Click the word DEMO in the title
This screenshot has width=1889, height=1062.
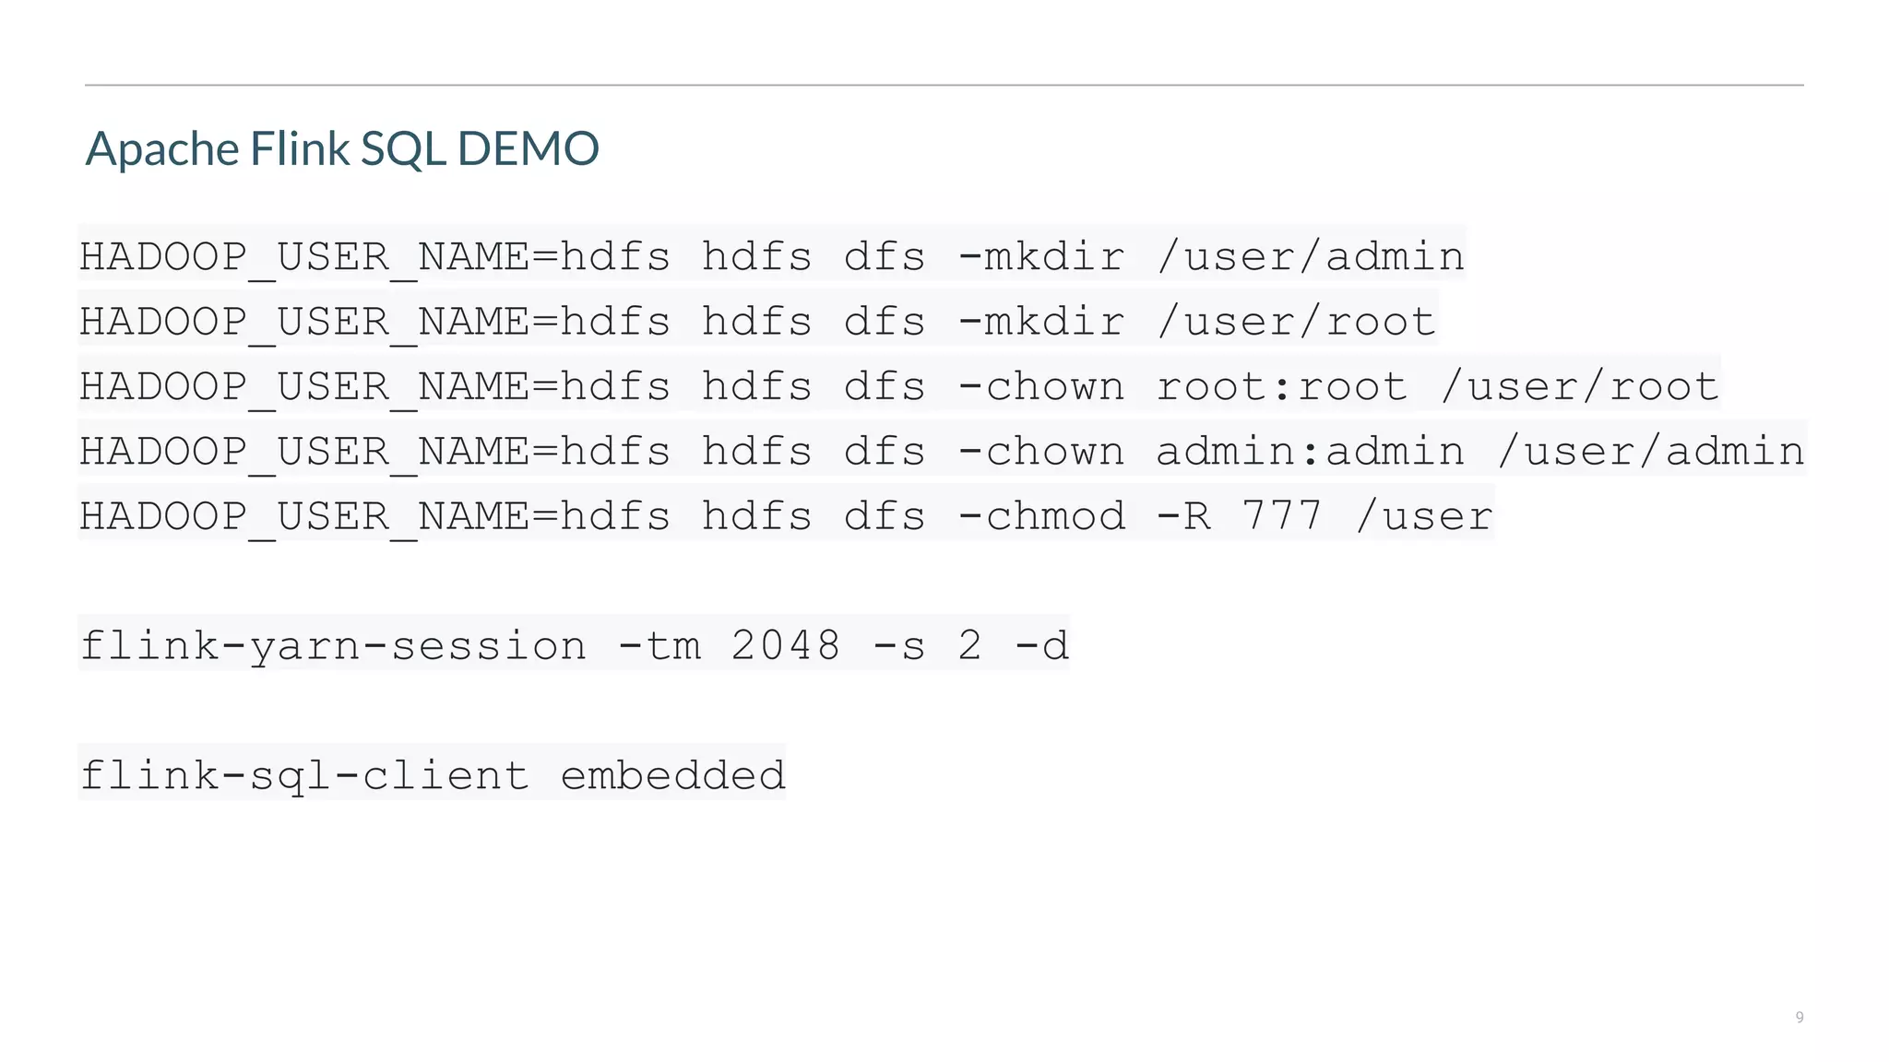528,148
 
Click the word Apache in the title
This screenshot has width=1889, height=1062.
162,148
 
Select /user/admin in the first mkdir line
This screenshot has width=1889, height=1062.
1311,256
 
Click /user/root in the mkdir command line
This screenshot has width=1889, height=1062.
1296,322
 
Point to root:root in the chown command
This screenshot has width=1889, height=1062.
1282,386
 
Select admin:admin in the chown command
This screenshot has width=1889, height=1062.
1310,452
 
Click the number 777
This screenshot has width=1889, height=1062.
1282,516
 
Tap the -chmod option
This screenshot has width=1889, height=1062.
1041,516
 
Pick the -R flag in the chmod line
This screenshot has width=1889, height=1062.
1183,516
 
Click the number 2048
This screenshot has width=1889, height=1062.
786,645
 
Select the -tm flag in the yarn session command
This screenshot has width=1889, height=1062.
659,645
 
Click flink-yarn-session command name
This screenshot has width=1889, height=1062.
333,645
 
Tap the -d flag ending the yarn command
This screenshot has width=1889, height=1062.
1041,645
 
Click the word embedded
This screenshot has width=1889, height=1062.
672,775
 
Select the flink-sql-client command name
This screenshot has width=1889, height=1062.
304,775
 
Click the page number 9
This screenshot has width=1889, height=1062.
1799,1017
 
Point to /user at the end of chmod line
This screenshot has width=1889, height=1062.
1424,516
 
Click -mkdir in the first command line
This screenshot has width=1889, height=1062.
1041,256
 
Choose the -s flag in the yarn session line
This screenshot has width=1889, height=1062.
899,645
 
